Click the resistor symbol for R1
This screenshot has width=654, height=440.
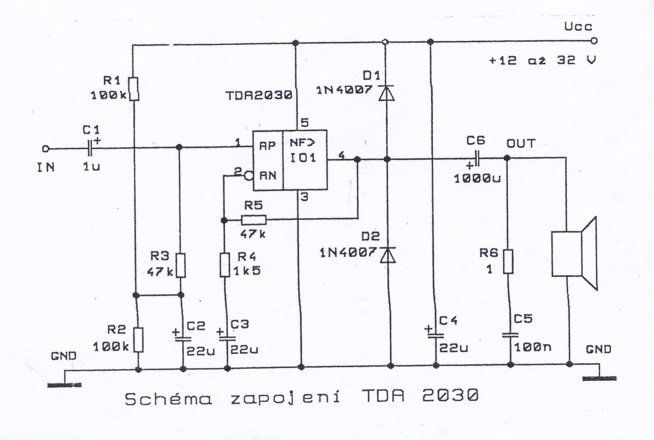(x=134, y=89)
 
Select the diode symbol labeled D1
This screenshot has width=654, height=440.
(x=386, y=93)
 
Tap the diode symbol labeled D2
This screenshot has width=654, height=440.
(x=388, y=255)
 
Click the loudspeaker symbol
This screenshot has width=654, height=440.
(x=574, y=253)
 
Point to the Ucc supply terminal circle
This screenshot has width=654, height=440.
(x=594, y=41)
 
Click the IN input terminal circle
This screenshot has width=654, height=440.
(x=45, y=149)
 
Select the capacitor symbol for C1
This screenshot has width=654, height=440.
(x=90, y=148)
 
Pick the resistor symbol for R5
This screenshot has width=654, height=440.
(x=254, y=220)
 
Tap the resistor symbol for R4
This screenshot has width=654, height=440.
(x=225, y=265)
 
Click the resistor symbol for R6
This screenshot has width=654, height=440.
(x=508, y=261)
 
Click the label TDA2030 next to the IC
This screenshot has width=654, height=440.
(x=259, y=96)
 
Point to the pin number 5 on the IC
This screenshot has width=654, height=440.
(x=304, y=123)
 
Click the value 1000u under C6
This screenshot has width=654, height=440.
(x=477, y=179)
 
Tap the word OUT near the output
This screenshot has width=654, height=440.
(x=521, y=144)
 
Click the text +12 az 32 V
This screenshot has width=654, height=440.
(x=542, y=60)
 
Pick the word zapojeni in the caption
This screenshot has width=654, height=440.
(x=285, y=398)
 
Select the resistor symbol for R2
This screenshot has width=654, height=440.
(x=138, y=340)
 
